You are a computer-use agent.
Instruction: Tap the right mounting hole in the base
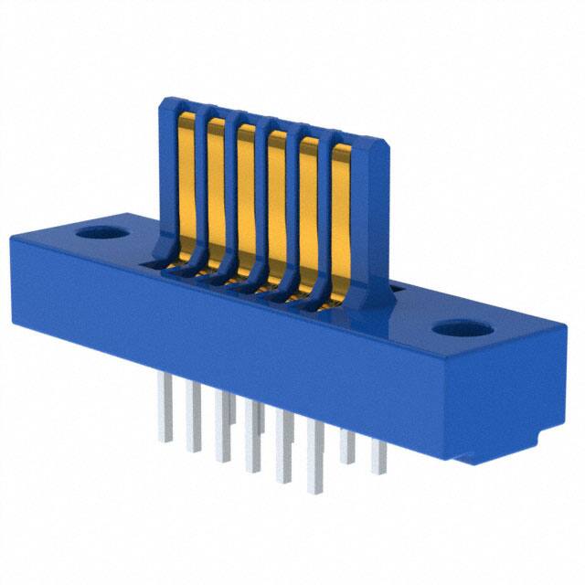coord(456,329)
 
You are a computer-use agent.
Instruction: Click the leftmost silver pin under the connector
coord(165,420)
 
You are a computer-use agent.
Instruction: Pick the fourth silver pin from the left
coord(252,448)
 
